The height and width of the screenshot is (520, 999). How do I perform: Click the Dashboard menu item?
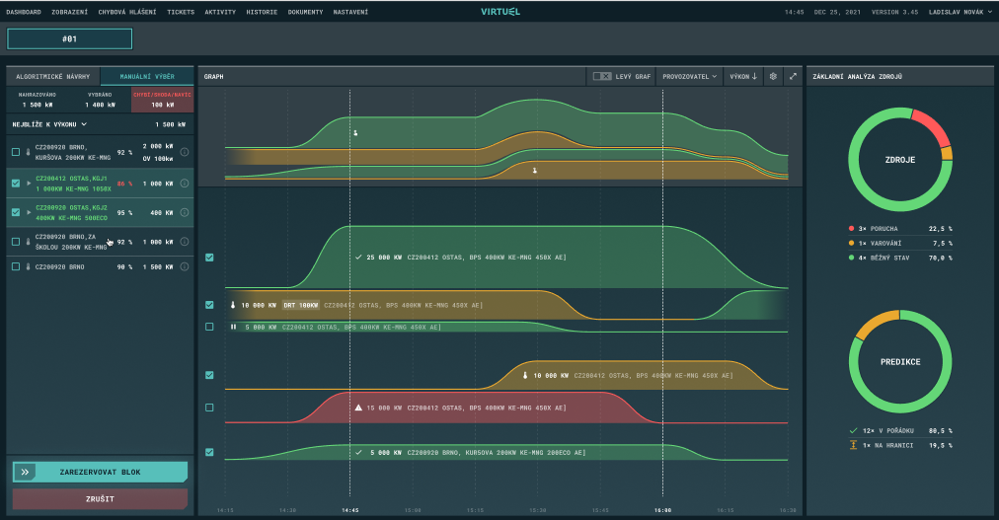24,12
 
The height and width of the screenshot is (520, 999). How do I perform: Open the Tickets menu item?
181,12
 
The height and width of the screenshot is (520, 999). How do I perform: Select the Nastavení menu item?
351,12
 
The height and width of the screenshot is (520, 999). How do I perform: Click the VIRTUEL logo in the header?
499,12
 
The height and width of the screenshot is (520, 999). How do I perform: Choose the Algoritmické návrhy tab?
53,76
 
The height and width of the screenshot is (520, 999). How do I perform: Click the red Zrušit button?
100,498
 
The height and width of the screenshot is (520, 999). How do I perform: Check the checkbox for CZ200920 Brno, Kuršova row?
15,152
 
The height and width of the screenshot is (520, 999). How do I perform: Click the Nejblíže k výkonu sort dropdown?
49,124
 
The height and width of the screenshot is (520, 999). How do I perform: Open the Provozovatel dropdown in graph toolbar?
688,76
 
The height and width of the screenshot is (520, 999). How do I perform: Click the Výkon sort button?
743,76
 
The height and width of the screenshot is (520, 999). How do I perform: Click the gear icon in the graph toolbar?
773,76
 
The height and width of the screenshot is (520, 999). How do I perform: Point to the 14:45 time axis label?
349,510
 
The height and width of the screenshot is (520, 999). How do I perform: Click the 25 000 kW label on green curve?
381,257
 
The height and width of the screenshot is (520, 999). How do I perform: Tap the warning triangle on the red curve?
358,407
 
